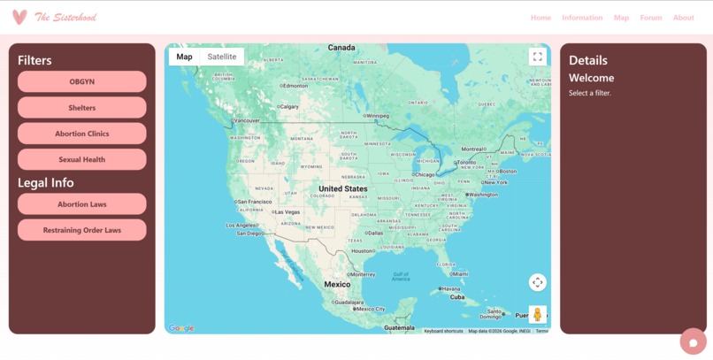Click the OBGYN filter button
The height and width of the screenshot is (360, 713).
(x=81, y=81)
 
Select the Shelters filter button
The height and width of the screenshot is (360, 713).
(x=81, y=108)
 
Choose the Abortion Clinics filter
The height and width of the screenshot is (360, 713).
(x=81, y=134)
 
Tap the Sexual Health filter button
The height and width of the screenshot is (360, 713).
(x=81, y=159)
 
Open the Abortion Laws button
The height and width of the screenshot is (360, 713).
(x=81, y=204)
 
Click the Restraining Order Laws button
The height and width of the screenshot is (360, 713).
(x=81, y=230)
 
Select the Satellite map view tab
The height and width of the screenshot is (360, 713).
(x=222, y=57)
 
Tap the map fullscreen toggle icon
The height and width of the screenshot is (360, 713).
(x=537, y=57)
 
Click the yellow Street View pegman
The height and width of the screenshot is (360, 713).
(x=537, y=315)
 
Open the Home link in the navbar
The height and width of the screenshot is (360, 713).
(x=540, y=18)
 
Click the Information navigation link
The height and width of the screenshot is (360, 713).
(x=582, y=18)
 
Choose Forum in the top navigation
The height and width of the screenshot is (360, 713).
(x=650, y=18)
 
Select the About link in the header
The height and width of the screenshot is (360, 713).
(x=683, y=18)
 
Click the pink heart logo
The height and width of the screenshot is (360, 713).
(x=19, y=18)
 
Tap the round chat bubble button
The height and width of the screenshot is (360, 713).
(x=693, y=341)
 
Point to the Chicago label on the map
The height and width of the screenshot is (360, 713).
(x=425, y=174)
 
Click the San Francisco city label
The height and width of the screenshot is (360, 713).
(x=255, y=202)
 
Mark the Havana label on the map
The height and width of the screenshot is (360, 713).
(x=452, y=288)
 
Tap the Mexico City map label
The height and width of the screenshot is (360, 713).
(x=371, y=309)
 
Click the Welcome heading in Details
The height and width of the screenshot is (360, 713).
(x=591, y=78)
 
